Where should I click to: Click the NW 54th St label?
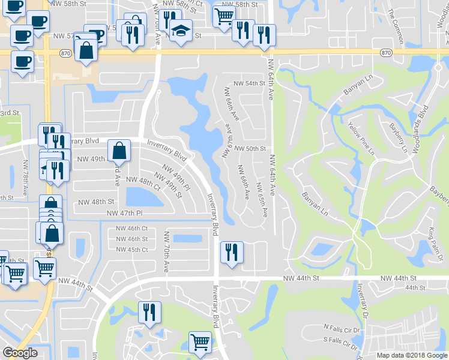(x=249, y=83)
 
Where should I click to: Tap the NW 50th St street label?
(x=250, y=148)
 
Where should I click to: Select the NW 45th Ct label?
(x=131, y=250)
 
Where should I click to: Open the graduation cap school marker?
(x=179, y=29)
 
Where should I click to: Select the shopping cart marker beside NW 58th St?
(x=224, y=16)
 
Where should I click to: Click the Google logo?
(x=20, y=353)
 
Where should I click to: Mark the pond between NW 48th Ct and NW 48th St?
(x=140, y=196)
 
